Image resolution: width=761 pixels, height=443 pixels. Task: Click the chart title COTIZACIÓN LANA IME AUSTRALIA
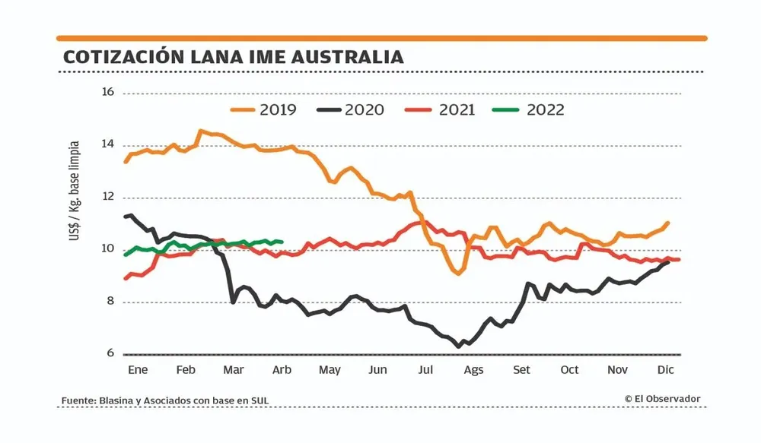[233, 58]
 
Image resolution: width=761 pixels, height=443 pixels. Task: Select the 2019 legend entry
[263, 109]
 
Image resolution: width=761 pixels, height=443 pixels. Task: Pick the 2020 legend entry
[350, 109]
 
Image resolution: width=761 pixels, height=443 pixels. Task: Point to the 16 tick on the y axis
[107, 92]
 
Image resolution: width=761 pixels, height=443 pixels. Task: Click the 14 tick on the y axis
[107, 144]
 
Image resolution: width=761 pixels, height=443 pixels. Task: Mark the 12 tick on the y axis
[107, 197]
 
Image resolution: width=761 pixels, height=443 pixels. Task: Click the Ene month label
[137, 370]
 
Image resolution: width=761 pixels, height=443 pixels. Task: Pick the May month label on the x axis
[329, 370]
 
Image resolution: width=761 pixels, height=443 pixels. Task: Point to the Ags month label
[473, 370]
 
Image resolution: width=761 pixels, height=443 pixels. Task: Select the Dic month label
[666, 370]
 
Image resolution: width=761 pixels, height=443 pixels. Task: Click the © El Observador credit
[662, 399]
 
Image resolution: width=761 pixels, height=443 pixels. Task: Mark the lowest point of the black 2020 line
[459, 346]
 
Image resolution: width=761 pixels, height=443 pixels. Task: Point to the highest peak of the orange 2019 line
[200, 131]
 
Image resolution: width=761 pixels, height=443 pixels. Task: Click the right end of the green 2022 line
[282, 242]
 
